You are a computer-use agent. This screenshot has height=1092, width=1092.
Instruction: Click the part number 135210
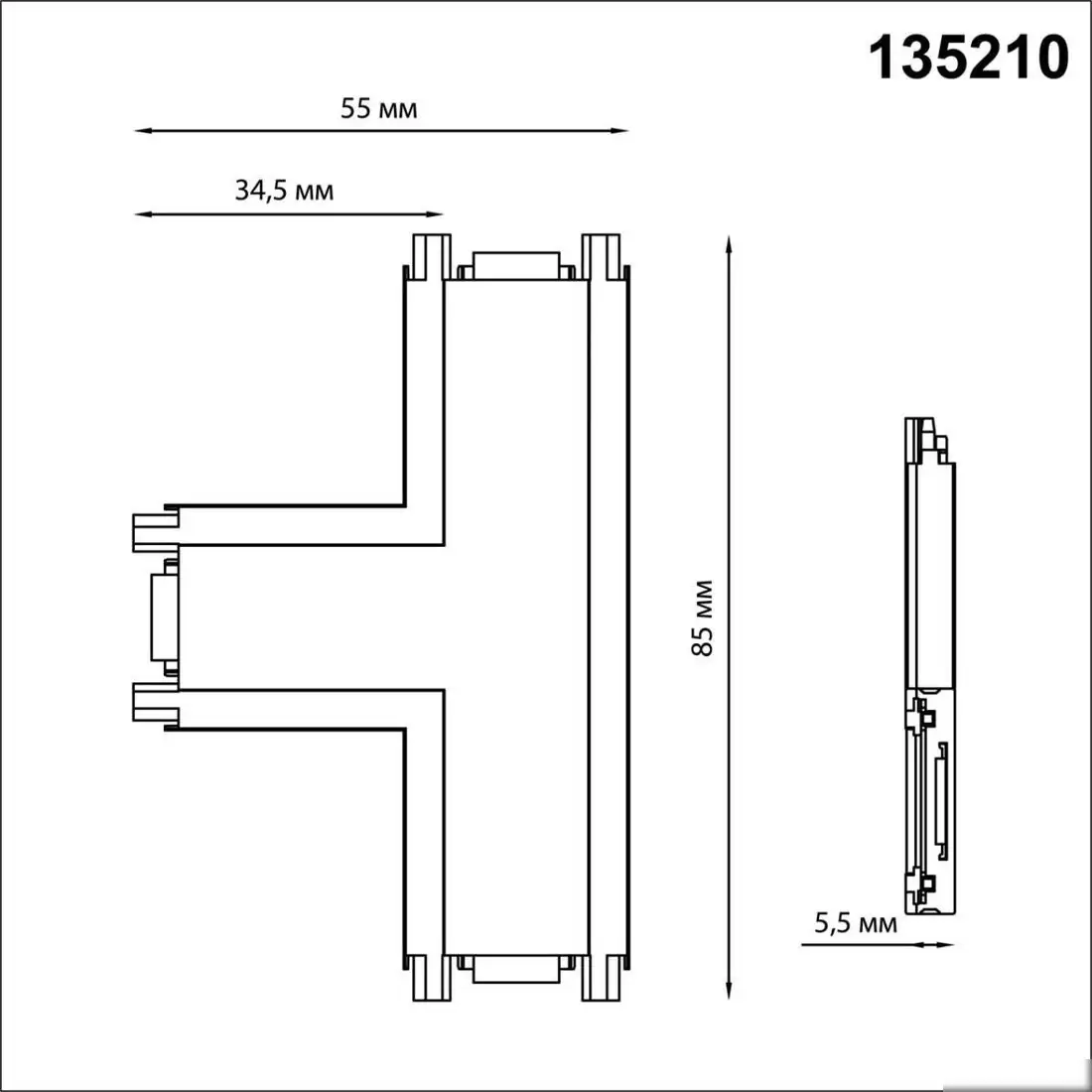tap(970, 58)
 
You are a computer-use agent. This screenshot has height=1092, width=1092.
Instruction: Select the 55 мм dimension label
tap(379, 108)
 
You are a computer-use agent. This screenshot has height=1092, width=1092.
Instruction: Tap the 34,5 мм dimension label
tap(284, 190)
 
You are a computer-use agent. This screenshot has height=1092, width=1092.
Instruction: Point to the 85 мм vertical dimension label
tap(703, 616)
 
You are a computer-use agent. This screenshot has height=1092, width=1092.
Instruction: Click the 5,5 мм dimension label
tap(856, 923)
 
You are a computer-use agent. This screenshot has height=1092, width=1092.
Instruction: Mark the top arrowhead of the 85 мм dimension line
tap(730, 244)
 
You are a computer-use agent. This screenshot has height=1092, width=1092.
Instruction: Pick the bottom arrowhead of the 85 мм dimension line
tap(730, 990)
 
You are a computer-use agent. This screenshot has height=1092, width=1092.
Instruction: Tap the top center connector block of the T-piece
tap(515, 266)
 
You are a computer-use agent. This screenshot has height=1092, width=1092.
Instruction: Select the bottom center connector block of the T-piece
tap(515, 967)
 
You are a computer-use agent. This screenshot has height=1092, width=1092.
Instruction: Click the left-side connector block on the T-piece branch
tap(163, 615)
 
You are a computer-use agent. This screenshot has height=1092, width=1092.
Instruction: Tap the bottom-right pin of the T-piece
tap(600, 977)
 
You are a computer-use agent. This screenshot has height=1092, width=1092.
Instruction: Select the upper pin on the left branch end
tap(152, 530)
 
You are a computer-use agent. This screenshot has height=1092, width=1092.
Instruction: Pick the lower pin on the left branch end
tap(152, 701)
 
